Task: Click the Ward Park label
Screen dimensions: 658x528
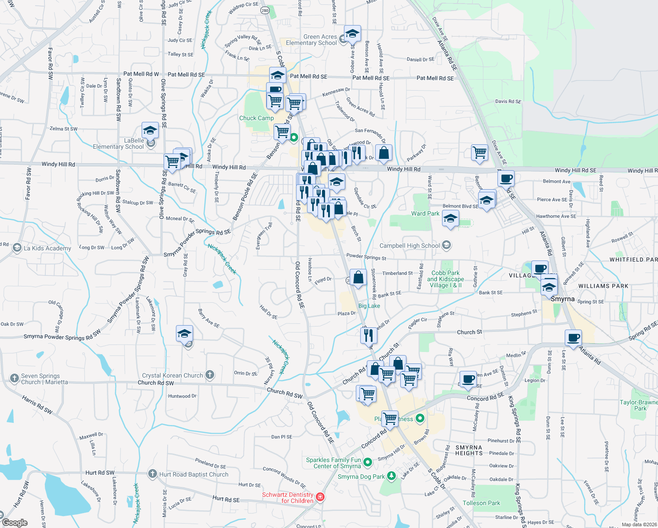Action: point(425,213)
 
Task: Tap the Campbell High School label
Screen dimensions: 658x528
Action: point(409,246)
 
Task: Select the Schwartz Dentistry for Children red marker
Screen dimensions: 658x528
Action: point(320,497)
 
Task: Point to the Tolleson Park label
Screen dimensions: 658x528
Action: point(481,503)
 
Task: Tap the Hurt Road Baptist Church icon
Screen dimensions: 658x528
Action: point(153,474)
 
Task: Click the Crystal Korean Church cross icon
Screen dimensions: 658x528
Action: point(210,375)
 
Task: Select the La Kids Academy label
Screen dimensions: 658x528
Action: point(47,248)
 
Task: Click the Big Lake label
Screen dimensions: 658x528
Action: point(369,306)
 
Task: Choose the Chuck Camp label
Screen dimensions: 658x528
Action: point(256,118)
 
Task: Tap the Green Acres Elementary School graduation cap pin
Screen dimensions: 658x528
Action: point(352,33)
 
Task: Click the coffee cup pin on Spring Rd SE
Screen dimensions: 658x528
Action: point(573,338)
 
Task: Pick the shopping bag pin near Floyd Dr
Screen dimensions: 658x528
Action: point(358,278)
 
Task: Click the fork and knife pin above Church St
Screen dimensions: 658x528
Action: point(369,335)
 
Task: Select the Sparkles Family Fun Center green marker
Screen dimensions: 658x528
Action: point(368,462)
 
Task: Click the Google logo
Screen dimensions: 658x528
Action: point(15,523)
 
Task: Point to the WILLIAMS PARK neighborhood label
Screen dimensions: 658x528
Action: point(603,286)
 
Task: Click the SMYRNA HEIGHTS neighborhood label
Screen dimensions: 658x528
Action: point(468,450)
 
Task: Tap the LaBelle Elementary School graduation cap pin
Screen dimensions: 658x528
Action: point(150,131)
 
